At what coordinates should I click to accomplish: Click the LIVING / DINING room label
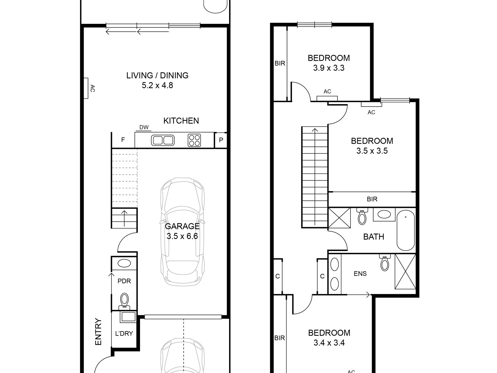click(x=157, y=76)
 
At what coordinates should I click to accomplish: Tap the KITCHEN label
click(x=181, y=121)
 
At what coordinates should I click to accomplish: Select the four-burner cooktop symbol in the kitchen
click(x=194, y=140)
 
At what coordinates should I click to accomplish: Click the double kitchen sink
click(x=162, y=140)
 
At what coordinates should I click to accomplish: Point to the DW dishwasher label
click(x=144, y=127)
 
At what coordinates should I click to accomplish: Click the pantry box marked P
click(x=221, y=140)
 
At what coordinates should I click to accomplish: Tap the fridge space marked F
click(x=123, y=140)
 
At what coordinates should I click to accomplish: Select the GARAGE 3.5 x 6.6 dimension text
click(x=182, y=236)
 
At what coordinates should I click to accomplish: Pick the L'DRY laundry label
click(x=124, y=333)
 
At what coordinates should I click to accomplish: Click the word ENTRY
click(x=98, y=332)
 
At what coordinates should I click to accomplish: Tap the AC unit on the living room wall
click(x=86, y=88)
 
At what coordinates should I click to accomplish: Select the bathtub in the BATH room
click(x=406, y=231)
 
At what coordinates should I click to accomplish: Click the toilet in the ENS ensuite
click(x=385, y=263)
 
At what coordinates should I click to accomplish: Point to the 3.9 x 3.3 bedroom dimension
click(x=329, y=68)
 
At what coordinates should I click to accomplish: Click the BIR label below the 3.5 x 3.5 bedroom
click(x=372, y=199)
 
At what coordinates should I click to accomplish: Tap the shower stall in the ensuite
click(x=405, y=271)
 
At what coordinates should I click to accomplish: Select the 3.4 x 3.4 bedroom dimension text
click(x=329, y=343)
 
